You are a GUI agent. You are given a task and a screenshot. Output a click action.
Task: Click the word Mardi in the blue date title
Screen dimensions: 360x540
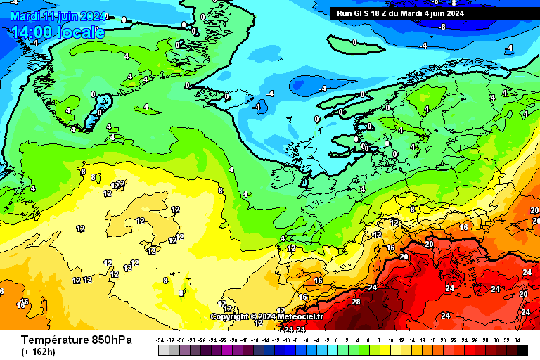[x=26, y=16]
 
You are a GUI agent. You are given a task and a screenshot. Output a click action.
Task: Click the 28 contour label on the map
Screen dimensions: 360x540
[x=356, y=302]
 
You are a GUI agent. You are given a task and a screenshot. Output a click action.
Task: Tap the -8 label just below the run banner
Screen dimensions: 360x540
[x=442, y=27]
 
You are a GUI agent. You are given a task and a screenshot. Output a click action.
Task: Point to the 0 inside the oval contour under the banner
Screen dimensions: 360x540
[x=354, y=42]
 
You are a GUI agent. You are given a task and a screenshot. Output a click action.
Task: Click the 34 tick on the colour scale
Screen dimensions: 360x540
[x=517, y=340]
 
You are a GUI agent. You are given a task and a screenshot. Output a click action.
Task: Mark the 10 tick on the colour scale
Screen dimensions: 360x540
[x=391, y=340]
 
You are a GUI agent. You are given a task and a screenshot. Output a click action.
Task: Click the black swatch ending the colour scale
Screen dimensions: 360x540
[x=522, y=349]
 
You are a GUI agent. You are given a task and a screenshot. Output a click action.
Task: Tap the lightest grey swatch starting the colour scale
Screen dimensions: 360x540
[x=164, y=349]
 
